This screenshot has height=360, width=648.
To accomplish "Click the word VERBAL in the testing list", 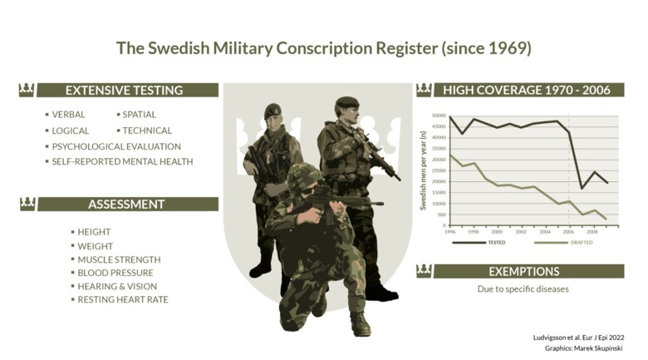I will pos(68,115).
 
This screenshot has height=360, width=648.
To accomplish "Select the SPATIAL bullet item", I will pos(139,115).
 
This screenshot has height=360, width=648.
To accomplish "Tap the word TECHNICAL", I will pos(147,131).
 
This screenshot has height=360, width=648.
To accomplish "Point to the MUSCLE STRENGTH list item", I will pos(119,259).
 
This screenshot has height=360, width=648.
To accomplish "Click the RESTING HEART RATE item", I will pos(123,299).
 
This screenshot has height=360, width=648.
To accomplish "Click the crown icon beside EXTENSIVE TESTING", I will pos(27,90).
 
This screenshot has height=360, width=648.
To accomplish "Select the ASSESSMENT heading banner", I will pos(126,204).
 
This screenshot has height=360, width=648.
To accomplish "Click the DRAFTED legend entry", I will pos(582,243).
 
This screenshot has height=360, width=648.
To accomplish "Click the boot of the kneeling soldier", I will pos(360,325).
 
